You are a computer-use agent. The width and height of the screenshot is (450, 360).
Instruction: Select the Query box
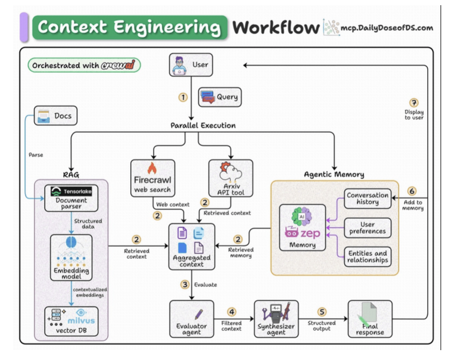tap(219, 97)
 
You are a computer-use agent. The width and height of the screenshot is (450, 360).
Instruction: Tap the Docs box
tap(55, 116)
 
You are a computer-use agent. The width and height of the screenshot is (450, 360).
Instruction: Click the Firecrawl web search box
tap(152, 178)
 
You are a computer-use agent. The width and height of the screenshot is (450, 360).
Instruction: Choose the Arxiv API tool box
tap(230, 178)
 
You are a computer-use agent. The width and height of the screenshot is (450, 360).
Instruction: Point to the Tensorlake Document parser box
tap(71, 198)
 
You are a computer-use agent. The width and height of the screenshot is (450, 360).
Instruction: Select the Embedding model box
tap(71, 257)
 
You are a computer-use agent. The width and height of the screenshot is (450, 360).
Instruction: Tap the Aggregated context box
tap(191, 246)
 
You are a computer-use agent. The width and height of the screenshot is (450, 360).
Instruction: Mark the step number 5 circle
tap(322, 312)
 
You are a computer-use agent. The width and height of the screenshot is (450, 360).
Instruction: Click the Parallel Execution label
tap(203, 126)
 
